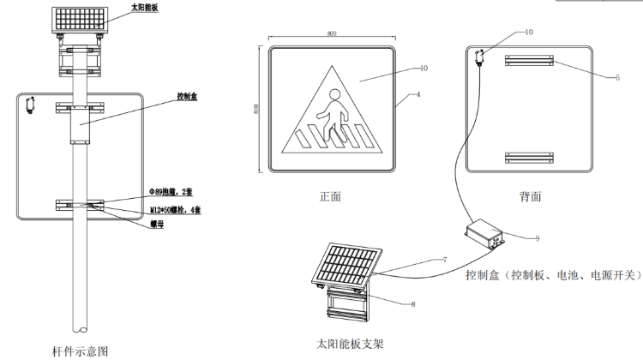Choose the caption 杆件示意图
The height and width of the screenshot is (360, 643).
(81, 351)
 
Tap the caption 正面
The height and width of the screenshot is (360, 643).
(330, 196)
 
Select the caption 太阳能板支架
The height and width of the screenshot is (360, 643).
(350, 344)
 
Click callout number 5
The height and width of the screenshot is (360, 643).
(616, 76)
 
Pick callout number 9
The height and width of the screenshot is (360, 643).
(537, 238)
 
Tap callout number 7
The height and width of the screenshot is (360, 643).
(445, 259)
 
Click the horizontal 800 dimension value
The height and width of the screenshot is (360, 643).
(332, 33)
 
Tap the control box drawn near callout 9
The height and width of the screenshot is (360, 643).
(484, 232)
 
